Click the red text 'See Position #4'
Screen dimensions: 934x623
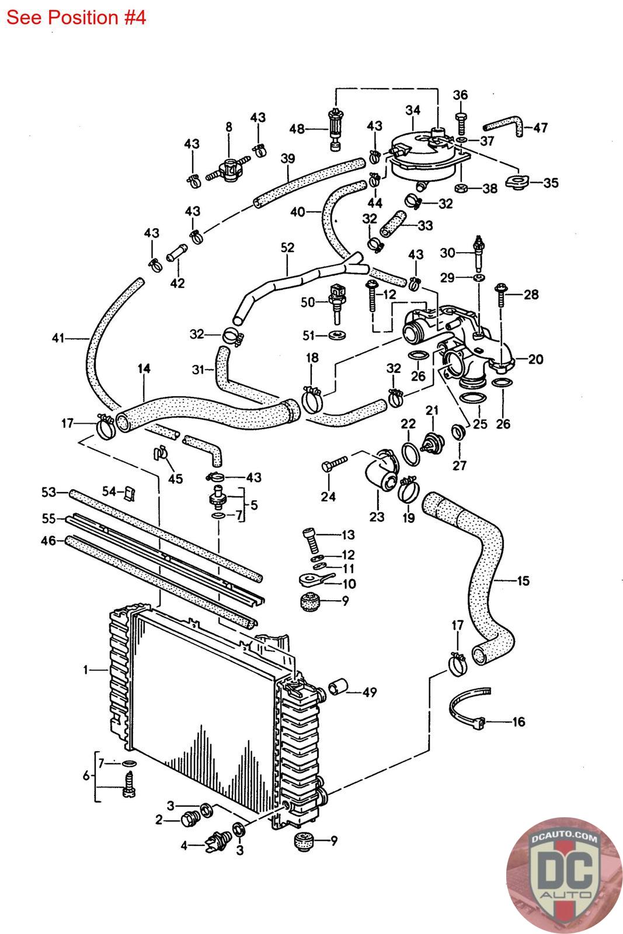76,18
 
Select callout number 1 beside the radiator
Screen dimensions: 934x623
86,670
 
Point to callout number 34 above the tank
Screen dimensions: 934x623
413,110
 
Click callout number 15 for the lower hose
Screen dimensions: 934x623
523,581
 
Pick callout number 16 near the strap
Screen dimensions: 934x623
518,722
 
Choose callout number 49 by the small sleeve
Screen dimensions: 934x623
369,692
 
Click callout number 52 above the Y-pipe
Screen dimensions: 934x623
287,248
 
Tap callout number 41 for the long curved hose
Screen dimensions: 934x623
57,337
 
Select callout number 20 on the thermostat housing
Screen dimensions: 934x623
535,359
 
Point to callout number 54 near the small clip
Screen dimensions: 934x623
109,492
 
